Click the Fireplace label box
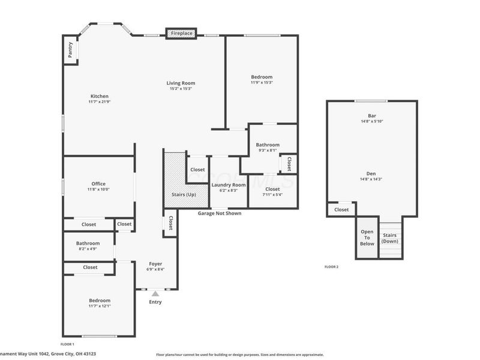point(181,34)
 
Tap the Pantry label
point(70,50)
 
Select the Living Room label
point(181,83)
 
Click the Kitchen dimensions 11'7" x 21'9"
point(99,102)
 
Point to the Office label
point(98,184)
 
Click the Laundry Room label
point(228,185)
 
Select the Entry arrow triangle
point(155,293)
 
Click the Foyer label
point(155,263)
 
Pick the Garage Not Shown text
point(220,213)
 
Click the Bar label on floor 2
point(371,115)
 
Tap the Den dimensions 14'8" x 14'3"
point(371,179)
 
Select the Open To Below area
point(367,238)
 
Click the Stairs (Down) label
point(390,238)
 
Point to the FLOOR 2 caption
point(331,266)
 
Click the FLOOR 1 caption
point(67,344)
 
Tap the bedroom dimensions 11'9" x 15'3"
point(262,83)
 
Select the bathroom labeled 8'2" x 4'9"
point(88,246)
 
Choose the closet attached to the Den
point(341,209)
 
